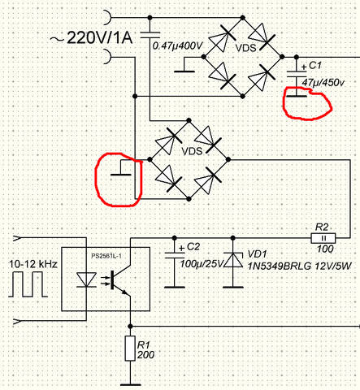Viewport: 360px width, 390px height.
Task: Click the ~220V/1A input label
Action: pyautogui.click(x=91, y=37)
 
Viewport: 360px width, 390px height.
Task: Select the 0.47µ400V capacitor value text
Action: pyautogui.click(x=177, y=45)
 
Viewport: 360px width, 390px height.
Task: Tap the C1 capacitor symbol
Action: pyautogui.click(x=297, y=74)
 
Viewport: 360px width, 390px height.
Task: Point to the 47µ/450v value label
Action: pyautogui.click(x=323, y=82)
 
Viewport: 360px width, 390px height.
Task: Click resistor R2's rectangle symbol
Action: pyautogui.click(x=323, y=238)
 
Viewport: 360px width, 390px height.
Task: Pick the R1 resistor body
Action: pyautogui.click(x=130, y=349)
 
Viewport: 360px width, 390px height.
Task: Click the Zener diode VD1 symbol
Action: pyautogui.click(x=233, y=260)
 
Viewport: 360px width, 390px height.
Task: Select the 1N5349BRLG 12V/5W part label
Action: pyautogui.click(x=299, y=266)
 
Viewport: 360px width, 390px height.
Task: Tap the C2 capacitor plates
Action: pyautogui.click(x=175, y=255)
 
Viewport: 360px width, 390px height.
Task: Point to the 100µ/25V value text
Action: pyautogui.click(x=202, y=263)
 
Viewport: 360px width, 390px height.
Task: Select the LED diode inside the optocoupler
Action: pyautogui.click(x=86, y=279)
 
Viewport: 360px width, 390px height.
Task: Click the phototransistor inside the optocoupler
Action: pyautogui.click(x=119, y=279)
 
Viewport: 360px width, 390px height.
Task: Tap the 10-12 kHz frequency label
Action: pyautogui.click(x=33, y=264)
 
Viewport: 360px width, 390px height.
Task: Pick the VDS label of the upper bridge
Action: pyautogui.click(x=245, y=48)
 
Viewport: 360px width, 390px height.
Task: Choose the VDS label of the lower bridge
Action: pyautogui.click(x=192, y=151)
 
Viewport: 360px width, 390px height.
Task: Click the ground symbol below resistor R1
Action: pyautogui.click(x=130, y=384)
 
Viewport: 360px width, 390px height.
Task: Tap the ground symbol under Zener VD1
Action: pyautogui.click(x=233, y=287)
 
